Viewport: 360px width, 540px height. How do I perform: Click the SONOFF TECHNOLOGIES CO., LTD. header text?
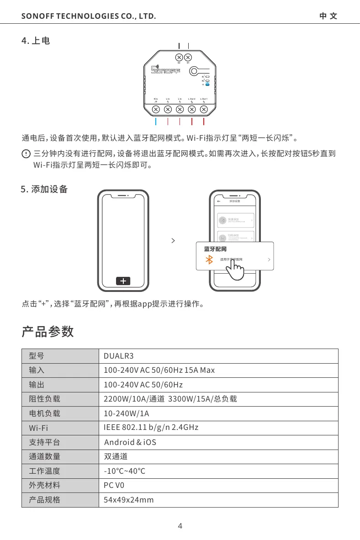(89, 17)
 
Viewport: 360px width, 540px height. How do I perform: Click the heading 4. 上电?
(36, 41)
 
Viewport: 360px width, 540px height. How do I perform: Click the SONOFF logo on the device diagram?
(166, 70)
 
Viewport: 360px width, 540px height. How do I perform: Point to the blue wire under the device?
(156, 122)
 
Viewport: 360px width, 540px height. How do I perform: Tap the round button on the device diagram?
(194, 71)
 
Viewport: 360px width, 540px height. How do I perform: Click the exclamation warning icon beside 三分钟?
(26, 154)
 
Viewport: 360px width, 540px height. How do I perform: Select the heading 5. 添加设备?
(44, 189)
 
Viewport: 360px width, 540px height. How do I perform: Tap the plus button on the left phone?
(123, 281)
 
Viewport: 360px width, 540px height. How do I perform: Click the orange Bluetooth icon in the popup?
(210, 259)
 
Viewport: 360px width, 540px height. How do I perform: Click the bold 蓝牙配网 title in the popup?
(215, 249)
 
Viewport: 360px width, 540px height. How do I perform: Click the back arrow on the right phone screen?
(218, 201)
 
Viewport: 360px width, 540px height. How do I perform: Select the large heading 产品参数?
(48, 332)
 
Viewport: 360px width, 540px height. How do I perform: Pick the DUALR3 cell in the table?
(118, 356)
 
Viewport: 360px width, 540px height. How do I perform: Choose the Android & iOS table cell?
(130, 442)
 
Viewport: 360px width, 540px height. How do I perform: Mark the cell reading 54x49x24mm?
(129, 500)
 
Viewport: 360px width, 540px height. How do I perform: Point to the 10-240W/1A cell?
(127, 414)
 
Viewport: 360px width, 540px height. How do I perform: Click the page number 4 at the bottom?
(180, 525)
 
